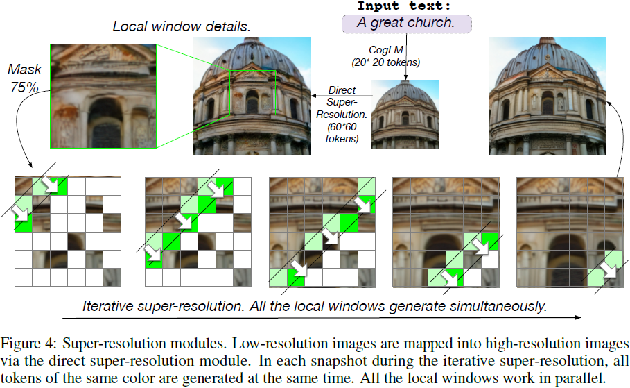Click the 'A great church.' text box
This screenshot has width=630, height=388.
(x=405, y=23)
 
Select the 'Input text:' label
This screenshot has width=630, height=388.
(x=404, y=6)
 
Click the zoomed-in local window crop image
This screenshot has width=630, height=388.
(x=103, y=95)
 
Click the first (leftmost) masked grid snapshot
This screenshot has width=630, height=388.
(x=67, y=231)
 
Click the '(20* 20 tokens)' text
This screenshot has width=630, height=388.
(x=385, y=63)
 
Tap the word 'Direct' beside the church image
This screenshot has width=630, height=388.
(x=342, y=90)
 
